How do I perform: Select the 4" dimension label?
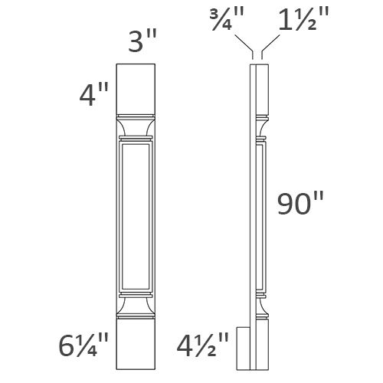[95, 96]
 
